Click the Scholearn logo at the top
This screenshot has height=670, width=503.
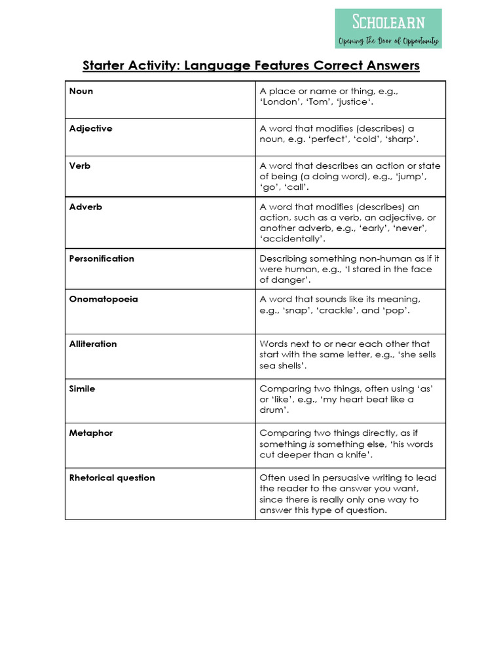[x=388, y=29]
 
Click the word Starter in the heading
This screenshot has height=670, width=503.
[x=103, y=66]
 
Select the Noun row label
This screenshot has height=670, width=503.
[x=81, y=91]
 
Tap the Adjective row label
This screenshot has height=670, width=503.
[x=90, y=128]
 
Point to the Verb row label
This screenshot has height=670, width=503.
[x=80, y=166]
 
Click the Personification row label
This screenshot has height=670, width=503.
[x=102, y=258]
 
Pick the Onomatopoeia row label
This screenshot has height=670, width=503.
[x=103, y=299]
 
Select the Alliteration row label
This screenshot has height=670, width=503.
[x=93, y=344]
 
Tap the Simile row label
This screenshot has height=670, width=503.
[x=82, y=389]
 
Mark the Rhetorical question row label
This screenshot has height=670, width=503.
[x=112, y=478]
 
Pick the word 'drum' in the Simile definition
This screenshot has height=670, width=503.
[x=273, y=410]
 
